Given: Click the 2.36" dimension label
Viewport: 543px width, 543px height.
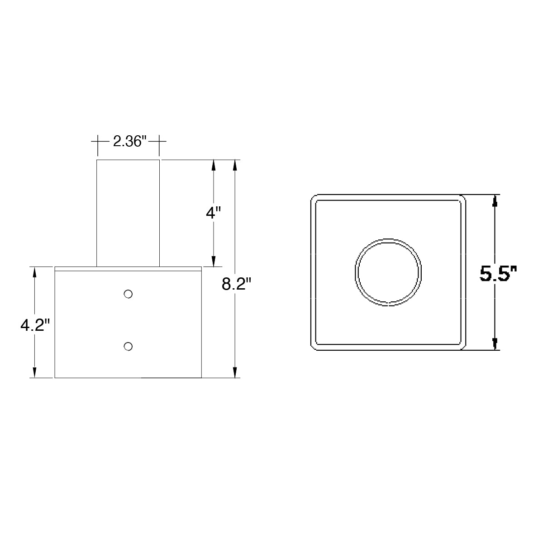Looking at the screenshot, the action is click(130, 142).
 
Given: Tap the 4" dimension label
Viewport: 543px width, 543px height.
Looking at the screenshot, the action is click(213, 213).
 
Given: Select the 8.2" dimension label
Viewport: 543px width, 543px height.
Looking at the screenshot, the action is click(236, 284).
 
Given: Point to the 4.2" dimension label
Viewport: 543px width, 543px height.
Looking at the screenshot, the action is click(35, 325).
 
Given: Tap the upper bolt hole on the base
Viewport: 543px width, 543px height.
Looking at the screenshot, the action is click(128, 294).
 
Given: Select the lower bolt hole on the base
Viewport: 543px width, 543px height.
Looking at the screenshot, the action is click(128, 346).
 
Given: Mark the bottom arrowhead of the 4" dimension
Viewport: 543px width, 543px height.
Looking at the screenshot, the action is click(214, 261).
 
